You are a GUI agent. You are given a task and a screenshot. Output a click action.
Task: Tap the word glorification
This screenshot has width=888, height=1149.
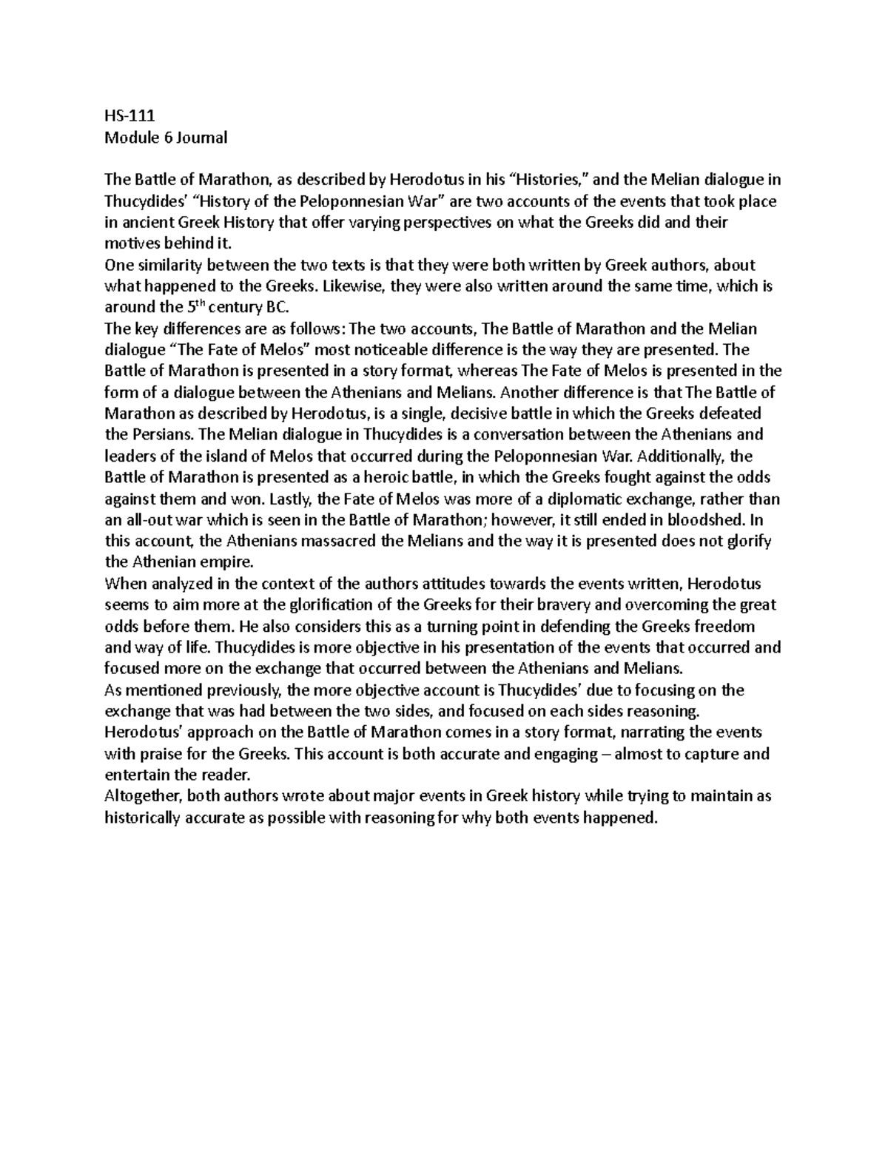click(x=317, y=605)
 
